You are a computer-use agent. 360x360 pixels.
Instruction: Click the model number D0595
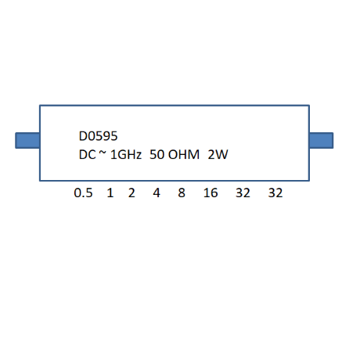pos(99,136)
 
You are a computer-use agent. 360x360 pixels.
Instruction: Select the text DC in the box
pos(87,155)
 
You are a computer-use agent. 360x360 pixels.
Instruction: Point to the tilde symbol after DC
pos(103,153)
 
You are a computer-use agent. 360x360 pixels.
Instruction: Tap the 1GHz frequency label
pos(126,155)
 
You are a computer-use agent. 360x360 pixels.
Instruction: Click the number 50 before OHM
pos(157,155)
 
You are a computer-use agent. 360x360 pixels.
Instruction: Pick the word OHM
pos(184,155)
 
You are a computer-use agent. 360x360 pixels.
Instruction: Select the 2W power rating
pos(218,155)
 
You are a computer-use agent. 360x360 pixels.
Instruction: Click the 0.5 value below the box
pos(83,193)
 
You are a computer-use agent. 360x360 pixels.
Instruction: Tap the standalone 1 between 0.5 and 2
pos(110,193)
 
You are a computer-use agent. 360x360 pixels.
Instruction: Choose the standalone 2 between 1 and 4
pos(131,193)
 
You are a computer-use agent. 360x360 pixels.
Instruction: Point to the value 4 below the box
pos(157,193)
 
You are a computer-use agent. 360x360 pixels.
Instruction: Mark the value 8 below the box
pos(182,193)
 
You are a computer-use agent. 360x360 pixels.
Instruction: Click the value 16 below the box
pos(211,193)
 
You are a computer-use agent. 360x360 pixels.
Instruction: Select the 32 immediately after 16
pos(243,193)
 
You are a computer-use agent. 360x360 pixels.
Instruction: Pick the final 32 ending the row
pos(275,193)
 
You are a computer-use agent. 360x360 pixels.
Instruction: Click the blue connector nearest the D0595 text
pos(27,141)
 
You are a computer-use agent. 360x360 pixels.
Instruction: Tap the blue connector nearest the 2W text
pos(321,141)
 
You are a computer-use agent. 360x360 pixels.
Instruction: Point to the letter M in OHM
pos(194,155)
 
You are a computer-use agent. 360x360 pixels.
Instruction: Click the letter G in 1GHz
pos(120,155)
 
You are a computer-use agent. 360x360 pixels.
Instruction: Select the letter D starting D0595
pos(83,136)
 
